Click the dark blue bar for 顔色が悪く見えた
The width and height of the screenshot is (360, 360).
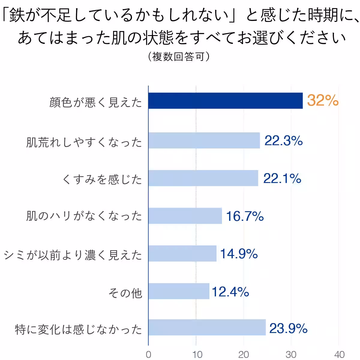[x=225, y=101]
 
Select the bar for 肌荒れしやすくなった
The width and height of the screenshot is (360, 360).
[x=204, y=140]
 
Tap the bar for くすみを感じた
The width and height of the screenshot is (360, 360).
[x=203, y=178]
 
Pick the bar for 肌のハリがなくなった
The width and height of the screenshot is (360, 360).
[x=185, y=216]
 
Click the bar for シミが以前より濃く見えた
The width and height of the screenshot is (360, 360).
[x=182, y=253]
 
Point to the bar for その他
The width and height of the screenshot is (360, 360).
[x=179, y=291]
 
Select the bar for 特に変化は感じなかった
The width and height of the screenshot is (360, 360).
[x=207, y=327]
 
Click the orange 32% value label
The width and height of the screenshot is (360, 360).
[x=322, y=100]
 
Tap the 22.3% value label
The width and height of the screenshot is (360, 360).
[x=283, y=140]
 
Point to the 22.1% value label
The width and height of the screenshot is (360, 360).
[x=282, y=178]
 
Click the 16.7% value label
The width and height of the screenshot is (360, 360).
[x=245, y=216]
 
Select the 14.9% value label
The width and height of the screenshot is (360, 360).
[x=239, y=254]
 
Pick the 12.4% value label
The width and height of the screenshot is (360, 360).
[x=230, y=292]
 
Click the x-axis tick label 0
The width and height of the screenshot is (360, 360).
[x=148, y=354]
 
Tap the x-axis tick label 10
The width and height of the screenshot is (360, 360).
[x=197, y=354]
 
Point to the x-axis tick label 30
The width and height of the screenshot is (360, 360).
[x=291, y=354]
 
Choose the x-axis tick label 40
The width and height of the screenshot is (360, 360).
[x=339, y=354]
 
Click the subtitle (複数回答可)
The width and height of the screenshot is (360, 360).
[x=179, y=56]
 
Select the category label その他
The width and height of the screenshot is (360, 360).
[x=125, y=293]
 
